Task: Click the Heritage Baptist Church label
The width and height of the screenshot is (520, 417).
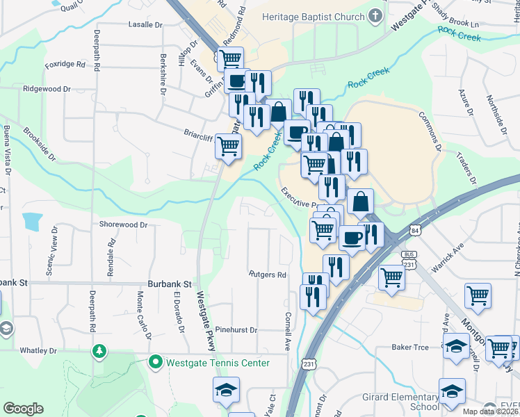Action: [x=313, y=16]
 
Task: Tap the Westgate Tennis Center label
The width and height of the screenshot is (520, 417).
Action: [x=218, y=363]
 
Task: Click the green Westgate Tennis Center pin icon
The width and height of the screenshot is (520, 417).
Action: [x=155, y=362]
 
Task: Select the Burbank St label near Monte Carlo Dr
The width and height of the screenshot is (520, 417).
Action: [x=169, y=284]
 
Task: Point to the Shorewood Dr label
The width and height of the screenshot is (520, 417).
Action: [x=123, y=224]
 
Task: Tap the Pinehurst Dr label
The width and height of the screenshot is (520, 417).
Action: [x=236, y=330]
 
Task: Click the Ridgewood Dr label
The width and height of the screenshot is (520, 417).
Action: [x=47, y=89]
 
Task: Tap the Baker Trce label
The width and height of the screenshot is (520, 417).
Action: [x=410, y=346]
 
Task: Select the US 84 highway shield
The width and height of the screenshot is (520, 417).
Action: [x=415, y=229]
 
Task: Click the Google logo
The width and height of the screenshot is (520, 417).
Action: [x=23, y=409]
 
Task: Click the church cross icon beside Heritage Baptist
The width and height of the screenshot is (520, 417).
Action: [x=375, y=15]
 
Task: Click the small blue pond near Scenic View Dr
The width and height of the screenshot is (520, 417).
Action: [x=32, y=222]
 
